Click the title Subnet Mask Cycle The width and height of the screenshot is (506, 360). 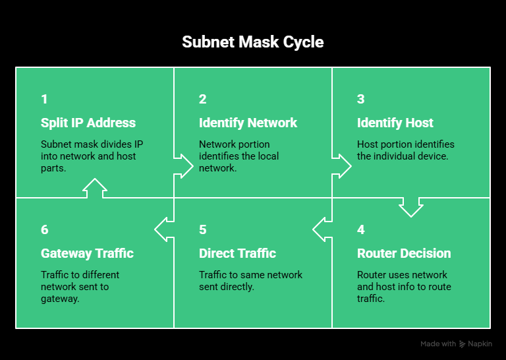[x=253, y=42]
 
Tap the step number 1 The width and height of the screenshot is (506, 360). [x=44, y=100]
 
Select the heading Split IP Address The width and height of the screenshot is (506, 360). [x=88, y=123]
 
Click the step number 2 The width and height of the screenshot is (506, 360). [x=203, y=100]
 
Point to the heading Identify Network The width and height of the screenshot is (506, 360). [x=248, y=123]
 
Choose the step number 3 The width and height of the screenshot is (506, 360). [x=361, y=100]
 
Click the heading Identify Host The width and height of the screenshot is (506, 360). [x=395, y=123]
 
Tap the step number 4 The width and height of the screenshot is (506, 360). [x=361, y=230]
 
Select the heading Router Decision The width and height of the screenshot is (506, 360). [x=404, y=253]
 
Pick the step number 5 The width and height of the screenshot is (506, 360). [x=203, y=230]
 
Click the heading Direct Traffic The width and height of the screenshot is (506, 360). [x=237, y=253]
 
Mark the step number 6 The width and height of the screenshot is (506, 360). [x=44, y=230]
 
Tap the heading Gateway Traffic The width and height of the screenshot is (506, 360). [x=87, y=253]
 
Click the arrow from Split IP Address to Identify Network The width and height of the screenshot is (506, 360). [x=184, y=165]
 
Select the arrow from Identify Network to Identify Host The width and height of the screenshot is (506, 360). [x=342, y=165]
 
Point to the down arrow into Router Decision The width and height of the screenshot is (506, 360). [x=411, y=207]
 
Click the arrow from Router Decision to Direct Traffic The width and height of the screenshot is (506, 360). [x=322, y=229]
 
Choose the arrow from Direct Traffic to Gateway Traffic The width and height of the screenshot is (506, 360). [x=164, y=229]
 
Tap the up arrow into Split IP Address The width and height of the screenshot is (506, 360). [x=95, y=188]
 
